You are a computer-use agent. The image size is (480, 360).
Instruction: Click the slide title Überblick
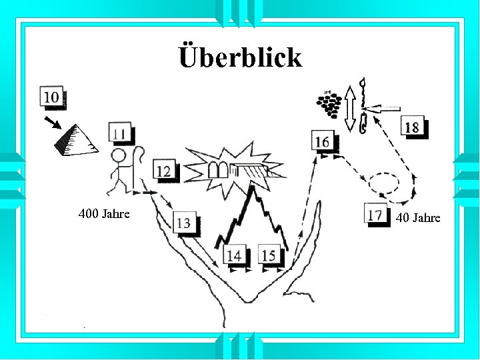[x=240, y=57]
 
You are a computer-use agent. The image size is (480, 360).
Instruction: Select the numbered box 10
[x=52, y=97]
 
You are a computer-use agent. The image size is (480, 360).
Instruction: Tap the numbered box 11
[x=119, y=133]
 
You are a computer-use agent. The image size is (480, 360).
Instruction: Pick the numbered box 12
[x=164, y=171]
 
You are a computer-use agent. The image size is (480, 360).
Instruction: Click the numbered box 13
[x=185, y=223]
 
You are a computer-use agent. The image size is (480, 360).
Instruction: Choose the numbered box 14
[x=234, y=254]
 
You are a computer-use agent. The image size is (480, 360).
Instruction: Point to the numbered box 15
[x=269, y=254]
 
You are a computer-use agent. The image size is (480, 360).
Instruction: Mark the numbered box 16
[x=323, y=141]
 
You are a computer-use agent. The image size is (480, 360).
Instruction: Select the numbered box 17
[x=376, y=214]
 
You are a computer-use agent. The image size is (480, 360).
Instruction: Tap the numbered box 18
[x=412, y=127]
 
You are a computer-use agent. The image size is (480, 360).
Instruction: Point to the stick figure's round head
[x=119, y=157]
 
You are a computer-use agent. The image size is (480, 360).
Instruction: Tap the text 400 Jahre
[x=104, y=215]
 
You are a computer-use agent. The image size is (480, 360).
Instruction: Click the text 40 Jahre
[x=418, y=218]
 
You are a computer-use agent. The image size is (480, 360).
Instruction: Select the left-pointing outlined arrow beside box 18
[x=384, y=108]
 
